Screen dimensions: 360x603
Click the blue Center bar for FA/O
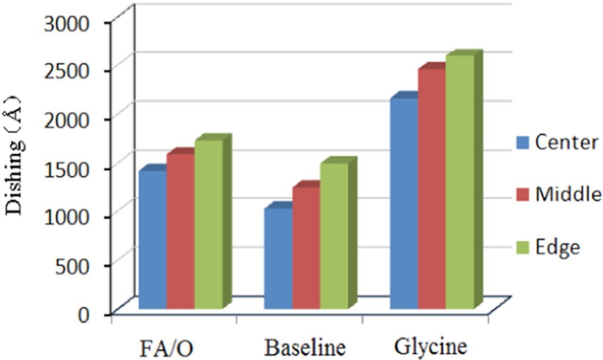pos(153,240)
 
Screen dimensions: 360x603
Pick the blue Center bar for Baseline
pos(278,259)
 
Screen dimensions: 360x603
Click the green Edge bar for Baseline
pos(334,236)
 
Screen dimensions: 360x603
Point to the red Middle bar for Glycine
pos(432,189)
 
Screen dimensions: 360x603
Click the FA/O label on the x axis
pos(167,349)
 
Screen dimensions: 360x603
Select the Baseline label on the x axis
pos(305,348)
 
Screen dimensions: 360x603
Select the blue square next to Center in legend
pos(523,142)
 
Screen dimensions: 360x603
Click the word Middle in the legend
pos(568,194)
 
